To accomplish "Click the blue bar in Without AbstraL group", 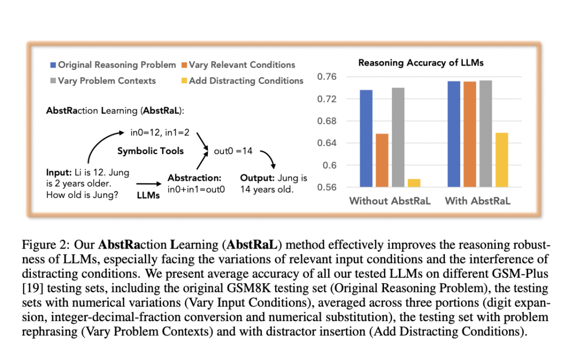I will [x=366, y=139].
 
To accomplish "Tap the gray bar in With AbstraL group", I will [x=485, y=133].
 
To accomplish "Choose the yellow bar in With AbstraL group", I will [x=501, y=160].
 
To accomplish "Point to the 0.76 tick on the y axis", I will [x=326, y=77].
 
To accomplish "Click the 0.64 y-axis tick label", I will [x=326, y=143].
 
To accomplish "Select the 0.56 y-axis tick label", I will [x=326, y=187].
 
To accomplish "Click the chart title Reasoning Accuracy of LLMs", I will [x=421, y=63].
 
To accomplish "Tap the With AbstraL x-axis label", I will [x=477, y=201].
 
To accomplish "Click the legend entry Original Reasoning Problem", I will [x=117, y=65].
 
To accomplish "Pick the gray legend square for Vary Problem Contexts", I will [x=53, y=81].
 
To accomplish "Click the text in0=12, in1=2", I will [x=159, y=131].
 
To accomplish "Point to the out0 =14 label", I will [x=233, y=151].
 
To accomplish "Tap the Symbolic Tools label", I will [x=150, y=151].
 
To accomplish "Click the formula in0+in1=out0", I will [x=196, y=189].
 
